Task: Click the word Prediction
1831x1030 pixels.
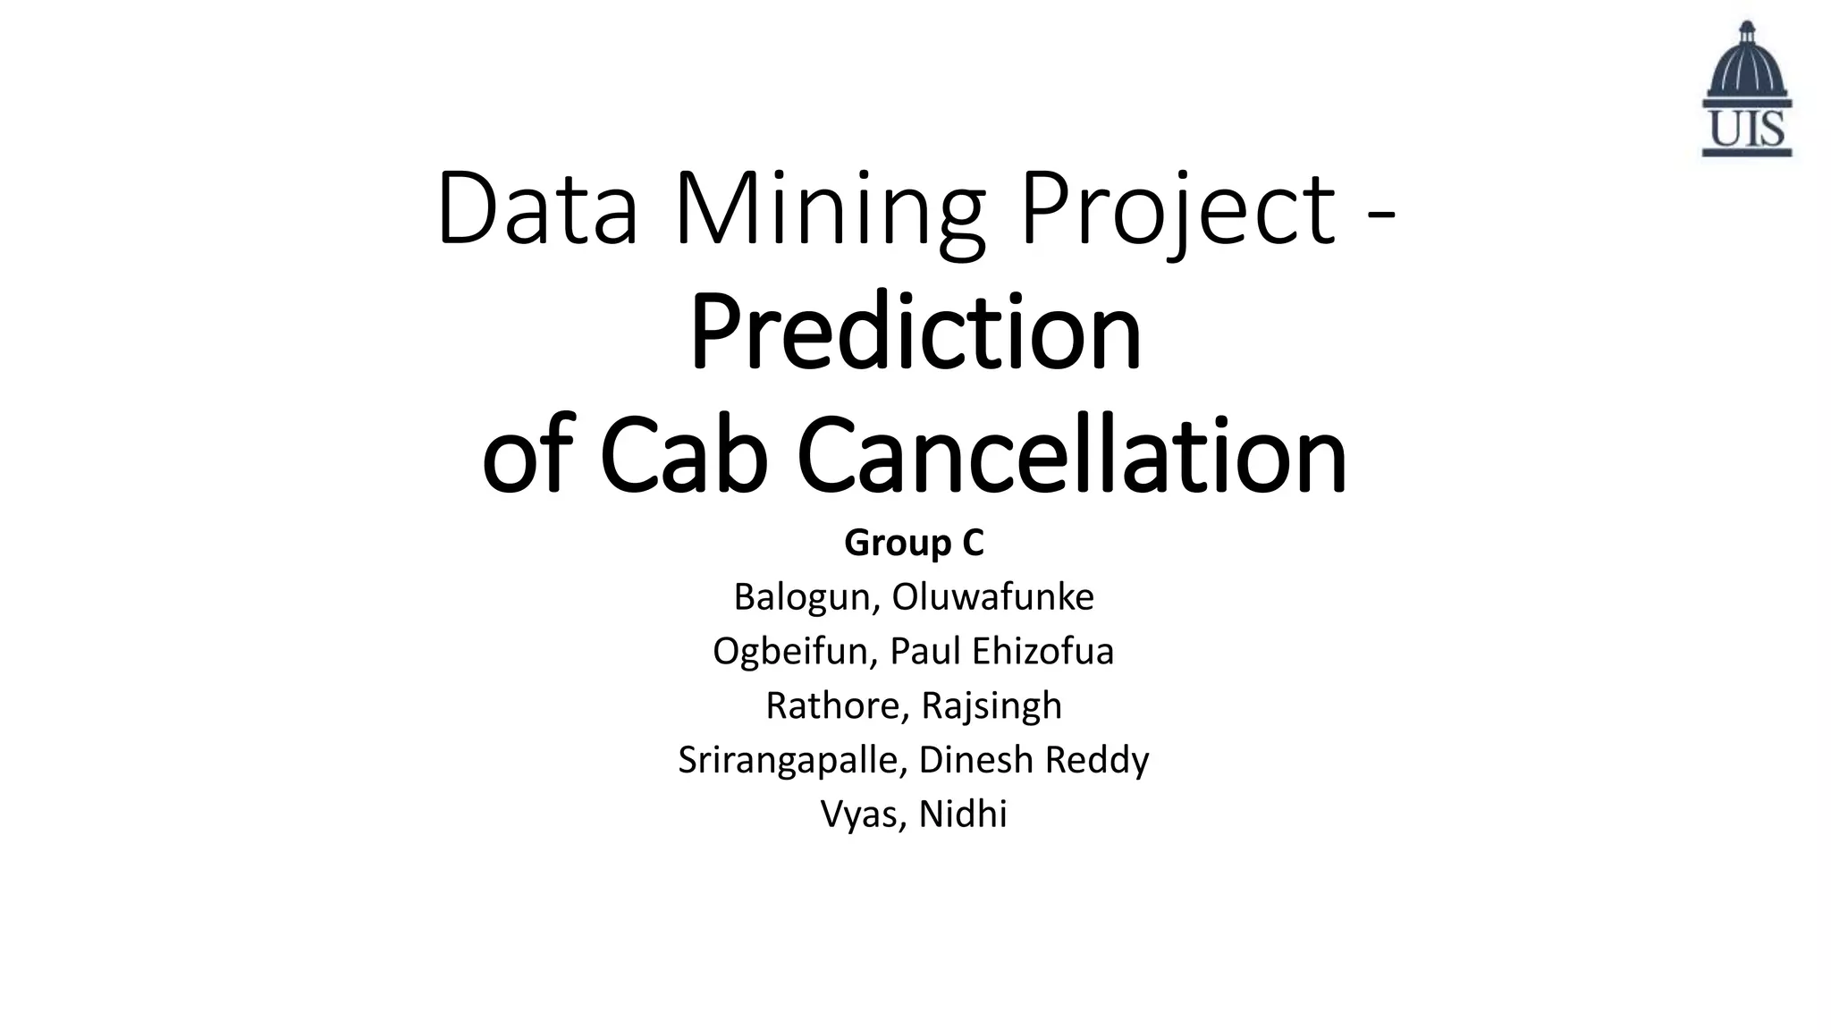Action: [x=915, y=333]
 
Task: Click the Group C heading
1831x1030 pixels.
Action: [x=914, y=543]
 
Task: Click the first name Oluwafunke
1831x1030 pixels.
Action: [x=992, y=597]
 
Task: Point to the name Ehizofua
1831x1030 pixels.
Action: [x=1043, y=652]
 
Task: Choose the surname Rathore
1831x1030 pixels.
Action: [x=837, y=706]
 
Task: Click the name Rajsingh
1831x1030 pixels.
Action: [x=991, y=706]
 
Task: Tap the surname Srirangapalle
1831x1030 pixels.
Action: [x=792, y=761]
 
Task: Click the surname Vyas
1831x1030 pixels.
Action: [x=863, y=815]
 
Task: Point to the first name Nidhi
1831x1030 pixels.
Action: [x=963, y=815]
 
